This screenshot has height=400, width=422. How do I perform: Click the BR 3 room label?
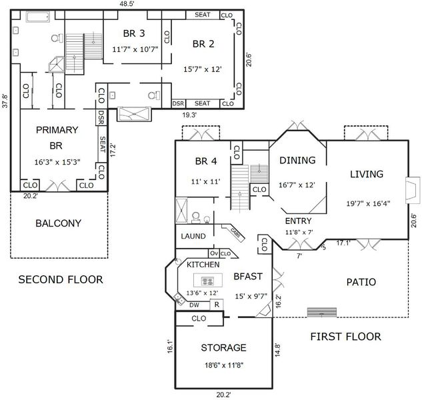pos(134,33)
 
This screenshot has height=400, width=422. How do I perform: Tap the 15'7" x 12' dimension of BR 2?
pos(203,69)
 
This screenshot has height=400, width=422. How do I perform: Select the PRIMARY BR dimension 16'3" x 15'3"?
pos(57,162)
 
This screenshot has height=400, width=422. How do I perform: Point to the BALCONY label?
pos(59,223)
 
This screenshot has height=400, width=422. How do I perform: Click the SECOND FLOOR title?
pos(61,279)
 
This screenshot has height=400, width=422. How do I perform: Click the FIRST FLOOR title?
pos(345,337)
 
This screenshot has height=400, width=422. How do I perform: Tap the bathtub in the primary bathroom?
pos(38,17)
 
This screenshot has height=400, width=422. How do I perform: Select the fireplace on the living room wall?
pos(413,190)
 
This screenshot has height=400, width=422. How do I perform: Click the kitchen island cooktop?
pos(207,281)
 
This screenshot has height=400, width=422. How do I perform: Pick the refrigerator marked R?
pos(217,305)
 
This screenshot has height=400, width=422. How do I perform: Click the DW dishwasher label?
pos(194,305)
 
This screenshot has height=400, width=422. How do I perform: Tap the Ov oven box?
pos(214,253)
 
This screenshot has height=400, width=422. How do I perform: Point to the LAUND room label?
pos(193,236)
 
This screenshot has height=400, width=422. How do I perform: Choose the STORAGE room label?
pos(223,347)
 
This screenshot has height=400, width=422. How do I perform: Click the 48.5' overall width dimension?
pos(127,4)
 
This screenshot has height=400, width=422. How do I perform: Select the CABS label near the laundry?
pos(235,233)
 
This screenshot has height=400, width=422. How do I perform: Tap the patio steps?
pos(322,312)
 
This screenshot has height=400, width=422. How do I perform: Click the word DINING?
pos(297,160)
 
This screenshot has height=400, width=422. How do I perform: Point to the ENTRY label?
pos(298,221)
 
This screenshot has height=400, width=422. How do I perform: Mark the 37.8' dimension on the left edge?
pos(5,101)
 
